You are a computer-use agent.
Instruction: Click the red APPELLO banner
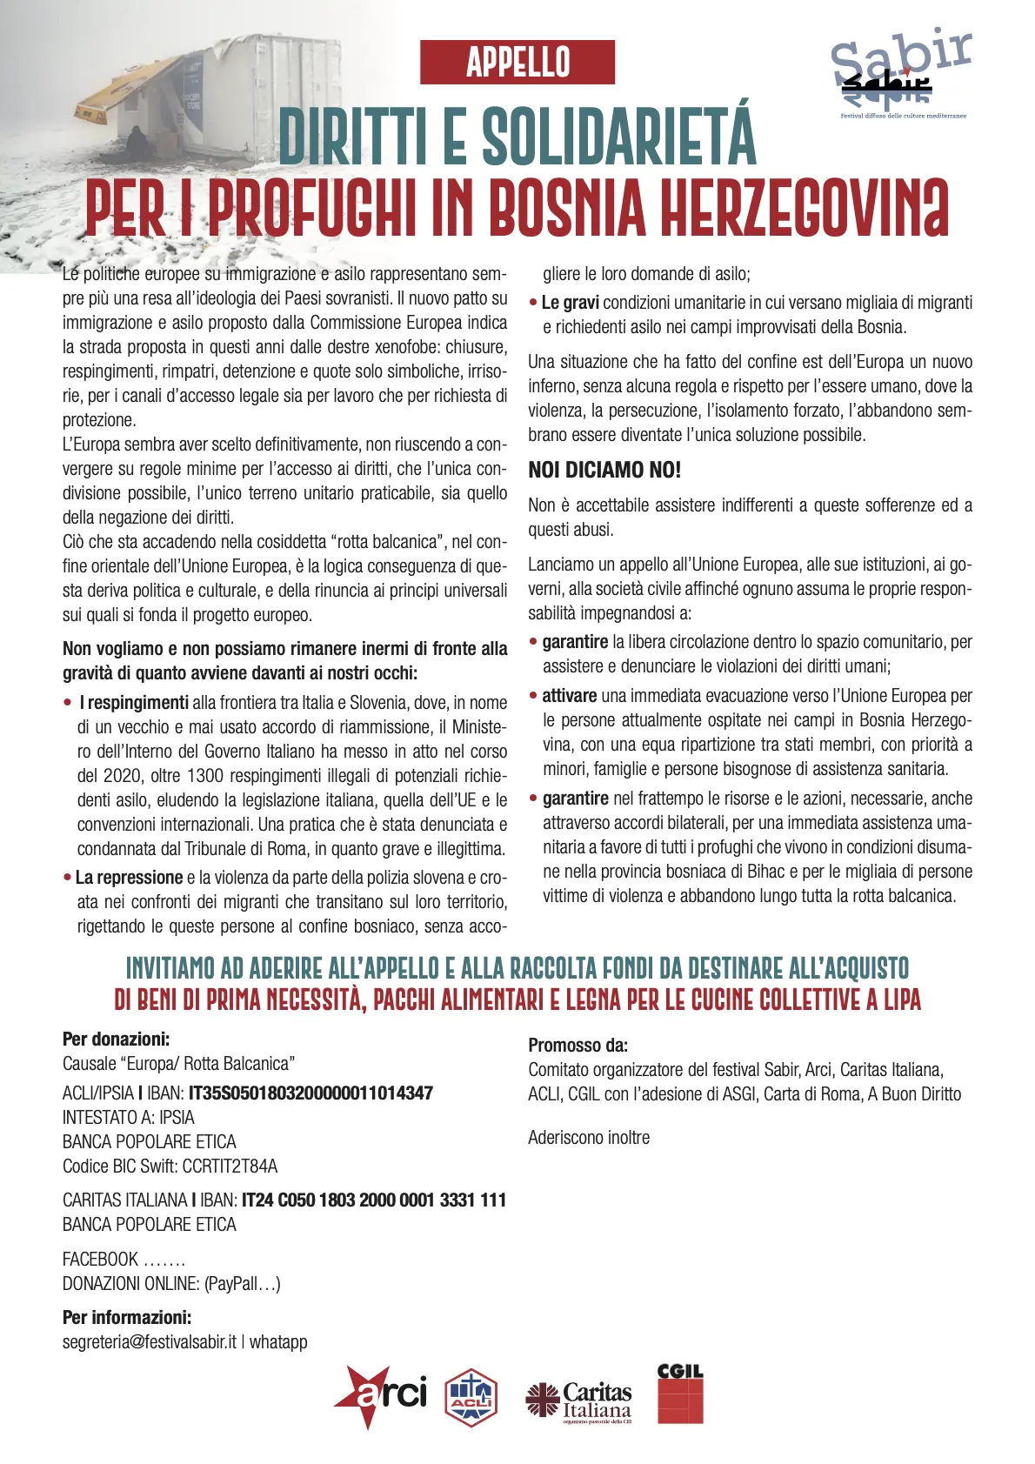coord(517,62)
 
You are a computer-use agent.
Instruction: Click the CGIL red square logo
coord(680,1394)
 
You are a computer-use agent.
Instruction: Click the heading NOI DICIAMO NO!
coord(604,471)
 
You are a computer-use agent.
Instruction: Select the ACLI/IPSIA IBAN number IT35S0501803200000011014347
coord(310,1093)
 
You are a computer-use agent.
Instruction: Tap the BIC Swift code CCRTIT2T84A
coord(230,1167)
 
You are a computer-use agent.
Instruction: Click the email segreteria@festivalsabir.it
coord(149,1342)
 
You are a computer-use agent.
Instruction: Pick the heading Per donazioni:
coord(116,1040)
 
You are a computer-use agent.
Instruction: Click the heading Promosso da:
coord(578,1046)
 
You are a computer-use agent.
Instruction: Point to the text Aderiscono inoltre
coord(589,1138)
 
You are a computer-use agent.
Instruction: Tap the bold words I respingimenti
coord(134,703)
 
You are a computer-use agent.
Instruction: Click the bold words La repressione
coord(129,879)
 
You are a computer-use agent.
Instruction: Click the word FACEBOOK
coord(100,1260)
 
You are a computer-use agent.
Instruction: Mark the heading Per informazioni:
coord(127,1318)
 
